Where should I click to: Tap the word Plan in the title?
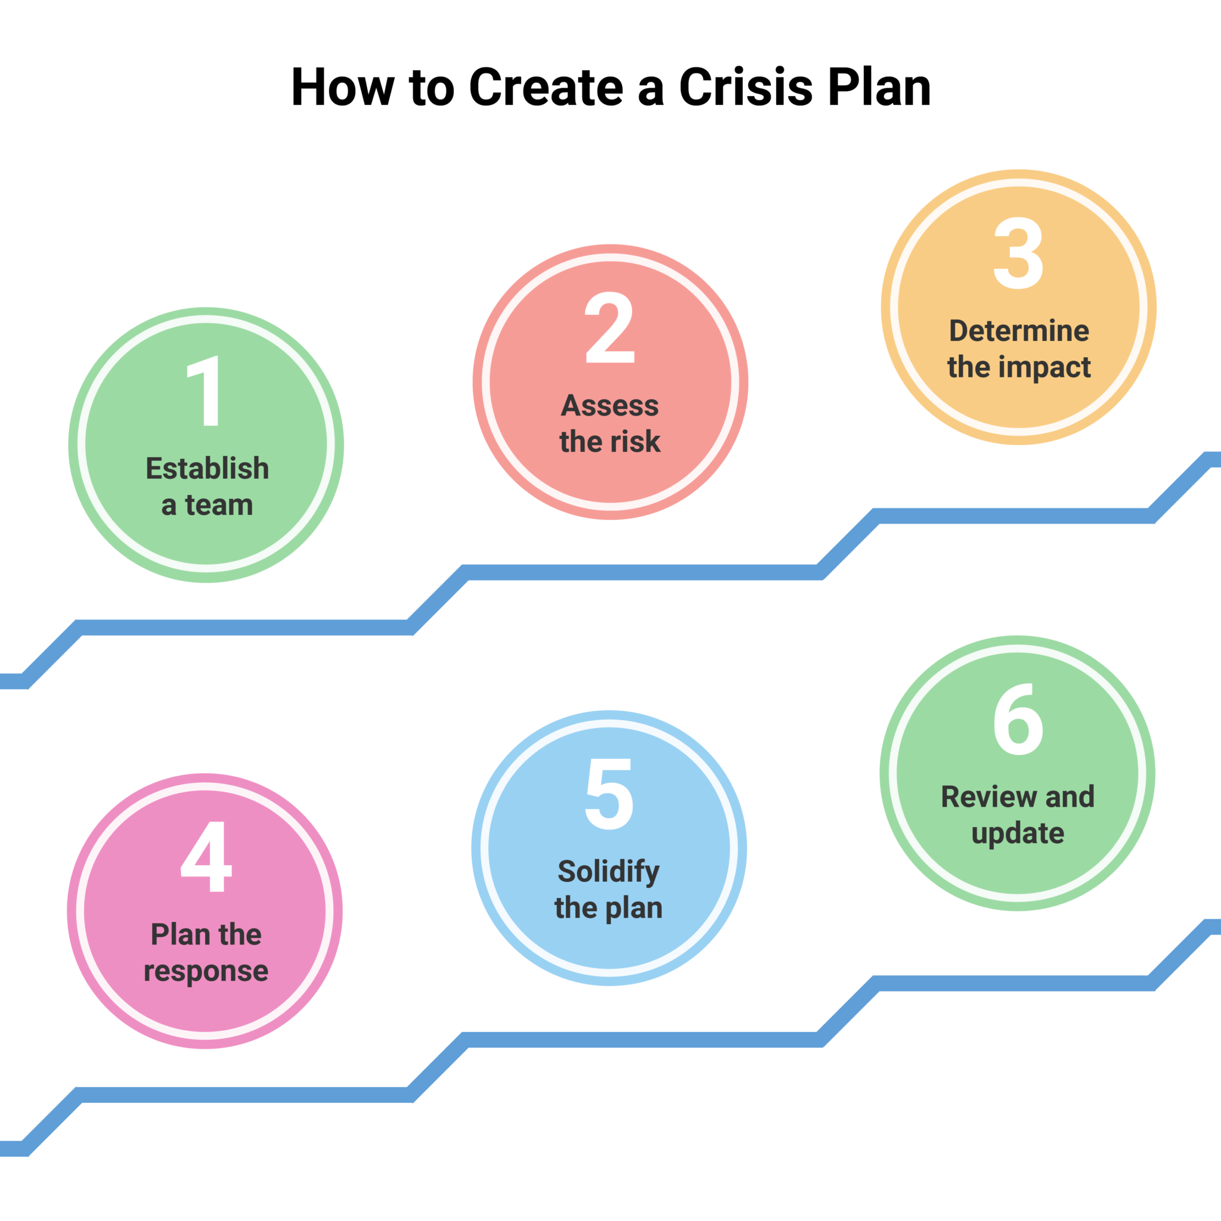(879, 87)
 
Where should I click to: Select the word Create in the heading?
(547, 87)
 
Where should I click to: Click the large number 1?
(204, 391)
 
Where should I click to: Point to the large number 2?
(610, 327)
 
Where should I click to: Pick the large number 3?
(1018, 253)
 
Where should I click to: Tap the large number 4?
(206, 856)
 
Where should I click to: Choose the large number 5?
(609, 794)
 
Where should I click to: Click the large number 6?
(1018, 719)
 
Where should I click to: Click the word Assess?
(610, 406)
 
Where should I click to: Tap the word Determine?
(1019, 331)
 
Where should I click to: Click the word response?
(206, 971)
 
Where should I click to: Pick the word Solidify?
(609, 872)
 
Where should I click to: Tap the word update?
(1018, 833)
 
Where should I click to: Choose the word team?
(219, 506)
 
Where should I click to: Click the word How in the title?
(342, 87)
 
